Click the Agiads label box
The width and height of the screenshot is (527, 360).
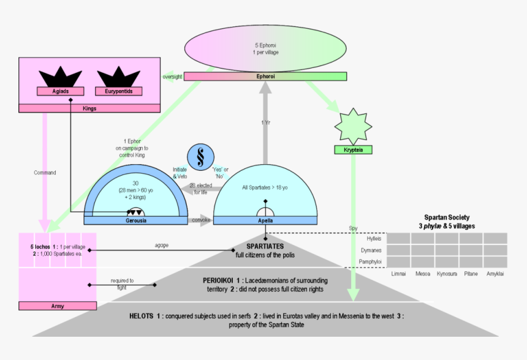[59, 91]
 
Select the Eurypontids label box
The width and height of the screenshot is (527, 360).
[118, 91]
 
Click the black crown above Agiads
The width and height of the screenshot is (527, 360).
[60, 77]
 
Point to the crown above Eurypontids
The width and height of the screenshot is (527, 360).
[118, 77]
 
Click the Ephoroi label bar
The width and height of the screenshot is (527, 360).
[265, 77]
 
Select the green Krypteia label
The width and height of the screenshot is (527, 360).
[353, 149]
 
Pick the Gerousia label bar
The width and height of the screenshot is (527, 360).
[136, 220]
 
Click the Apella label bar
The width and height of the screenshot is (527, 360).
[265, 220]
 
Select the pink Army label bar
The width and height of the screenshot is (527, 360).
[58, 306]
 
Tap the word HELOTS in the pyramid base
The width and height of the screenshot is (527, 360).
[144, 316]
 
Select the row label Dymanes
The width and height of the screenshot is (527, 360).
[373, 250]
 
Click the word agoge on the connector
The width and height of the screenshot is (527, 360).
[162, 245]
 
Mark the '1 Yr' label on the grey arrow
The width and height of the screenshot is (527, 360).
[265, 122]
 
